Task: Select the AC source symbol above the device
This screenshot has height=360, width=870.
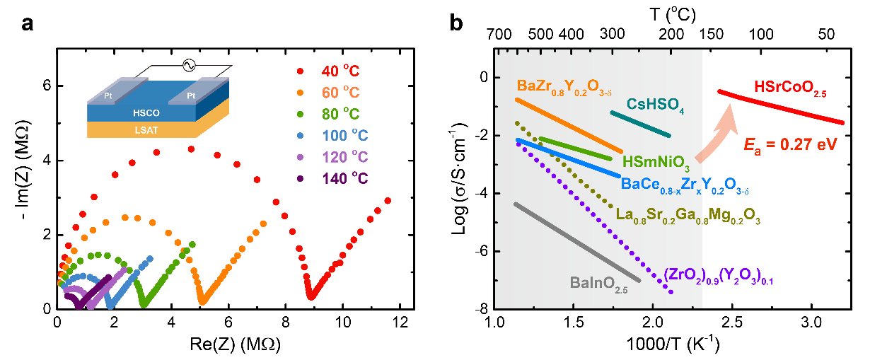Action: (x=189, y=65)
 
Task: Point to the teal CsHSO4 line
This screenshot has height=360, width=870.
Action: (x=640, y=123)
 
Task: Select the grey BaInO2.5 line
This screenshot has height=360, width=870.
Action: (x=576, y=242)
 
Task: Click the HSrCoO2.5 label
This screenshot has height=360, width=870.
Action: (x=790, y=88)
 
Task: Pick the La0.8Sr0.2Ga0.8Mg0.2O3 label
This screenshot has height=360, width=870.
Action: (x=688, y=215)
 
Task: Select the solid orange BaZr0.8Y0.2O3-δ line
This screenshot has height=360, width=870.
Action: (x=569, y=125)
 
